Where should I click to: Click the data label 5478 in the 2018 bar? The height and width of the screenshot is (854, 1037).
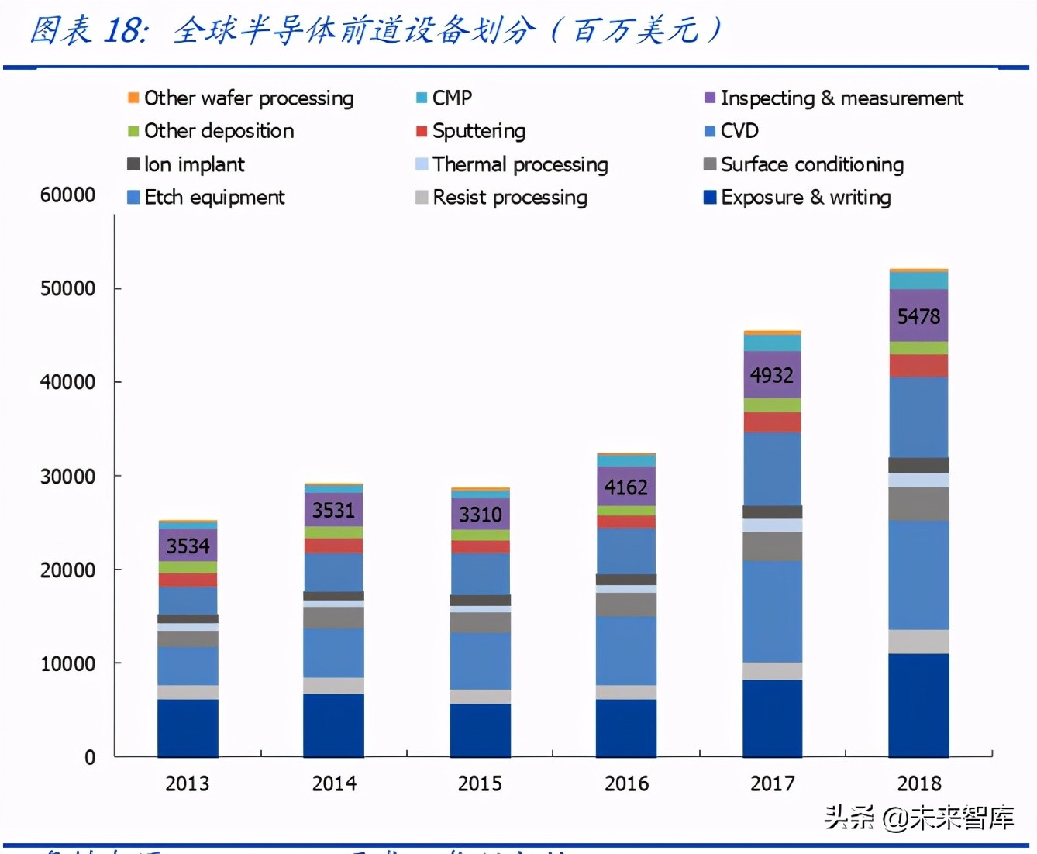[918, 316]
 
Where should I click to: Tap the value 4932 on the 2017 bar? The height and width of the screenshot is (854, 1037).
[771, 375]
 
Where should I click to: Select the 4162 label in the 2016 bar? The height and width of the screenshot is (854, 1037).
[625, 487]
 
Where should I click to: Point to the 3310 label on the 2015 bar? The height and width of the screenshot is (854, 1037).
[481, 515]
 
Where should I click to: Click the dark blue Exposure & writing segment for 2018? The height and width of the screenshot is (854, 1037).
[918, 705]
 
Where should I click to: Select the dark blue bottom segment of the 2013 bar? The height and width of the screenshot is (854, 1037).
[188, 728]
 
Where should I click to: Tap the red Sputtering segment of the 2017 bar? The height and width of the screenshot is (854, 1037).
[772, 422]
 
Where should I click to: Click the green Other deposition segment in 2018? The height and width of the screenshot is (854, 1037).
[918, 348]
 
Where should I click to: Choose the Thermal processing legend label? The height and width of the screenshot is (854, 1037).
[519, 164]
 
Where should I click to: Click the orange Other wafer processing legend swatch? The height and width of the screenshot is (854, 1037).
[133, 98]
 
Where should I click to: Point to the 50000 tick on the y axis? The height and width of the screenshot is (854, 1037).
[67, 288]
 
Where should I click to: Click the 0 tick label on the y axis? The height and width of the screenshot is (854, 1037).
[90, 757]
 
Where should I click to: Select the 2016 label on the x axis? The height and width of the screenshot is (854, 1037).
[626, 783]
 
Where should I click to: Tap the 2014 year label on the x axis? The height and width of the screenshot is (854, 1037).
[334, 783]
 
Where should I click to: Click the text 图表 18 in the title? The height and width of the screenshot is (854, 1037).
[87, 31]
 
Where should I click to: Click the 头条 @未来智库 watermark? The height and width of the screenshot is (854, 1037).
[918, 818]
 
